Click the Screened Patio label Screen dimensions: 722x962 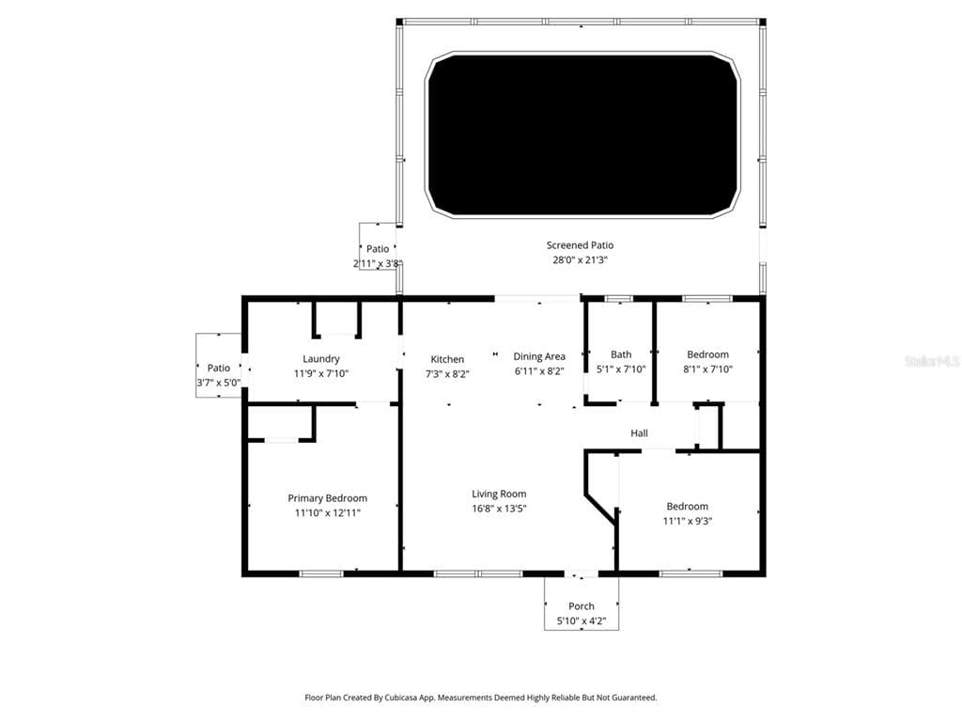click(x=580, y=245)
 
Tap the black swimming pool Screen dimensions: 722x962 click(x=582, y=134)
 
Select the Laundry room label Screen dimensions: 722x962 click(x=321, y=358)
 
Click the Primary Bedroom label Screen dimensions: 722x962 click(x=327, y=498)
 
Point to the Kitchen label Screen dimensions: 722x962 click(x=447, y=359)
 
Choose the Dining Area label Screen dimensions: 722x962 click(x=539, y=356)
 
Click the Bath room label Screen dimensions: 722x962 click(x=621, y=354)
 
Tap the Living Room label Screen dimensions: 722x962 click(x=499, y=494)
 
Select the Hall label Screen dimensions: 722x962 click(x=639, y=433)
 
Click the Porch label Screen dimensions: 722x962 click(x=582, y=606)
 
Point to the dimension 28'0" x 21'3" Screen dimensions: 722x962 click(x=580, y=259)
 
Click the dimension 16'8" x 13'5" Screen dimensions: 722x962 click(x=499, y=509)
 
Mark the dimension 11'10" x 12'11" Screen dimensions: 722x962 click(x=327, y=512)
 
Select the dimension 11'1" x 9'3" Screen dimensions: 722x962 click(x=688, y=521)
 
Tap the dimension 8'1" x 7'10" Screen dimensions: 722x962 click(x=707, y=369)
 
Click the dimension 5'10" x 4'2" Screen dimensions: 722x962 click(x=582, y=620)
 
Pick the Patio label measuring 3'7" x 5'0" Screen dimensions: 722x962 click(x=219, y=369)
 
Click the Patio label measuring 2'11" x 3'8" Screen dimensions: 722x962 click(x=378, y=249)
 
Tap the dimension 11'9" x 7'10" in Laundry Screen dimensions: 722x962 click(x=321, y=372)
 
